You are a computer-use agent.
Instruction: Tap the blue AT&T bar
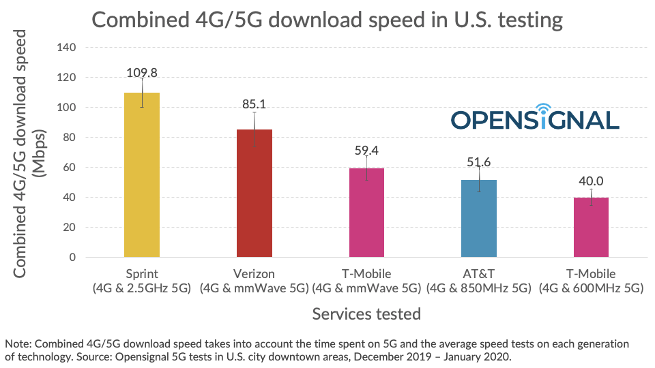[x=478, y=218]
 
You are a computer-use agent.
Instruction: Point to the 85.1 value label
[x=254, y=104]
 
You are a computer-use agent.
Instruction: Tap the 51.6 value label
[x=478, y=161]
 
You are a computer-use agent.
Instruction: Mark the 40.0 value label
[x=591, y=181]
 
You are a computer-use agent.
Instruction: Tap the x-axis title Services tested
[x=366, y=314]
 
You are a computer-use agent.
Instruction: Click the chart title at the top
[x=327, y=20]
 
